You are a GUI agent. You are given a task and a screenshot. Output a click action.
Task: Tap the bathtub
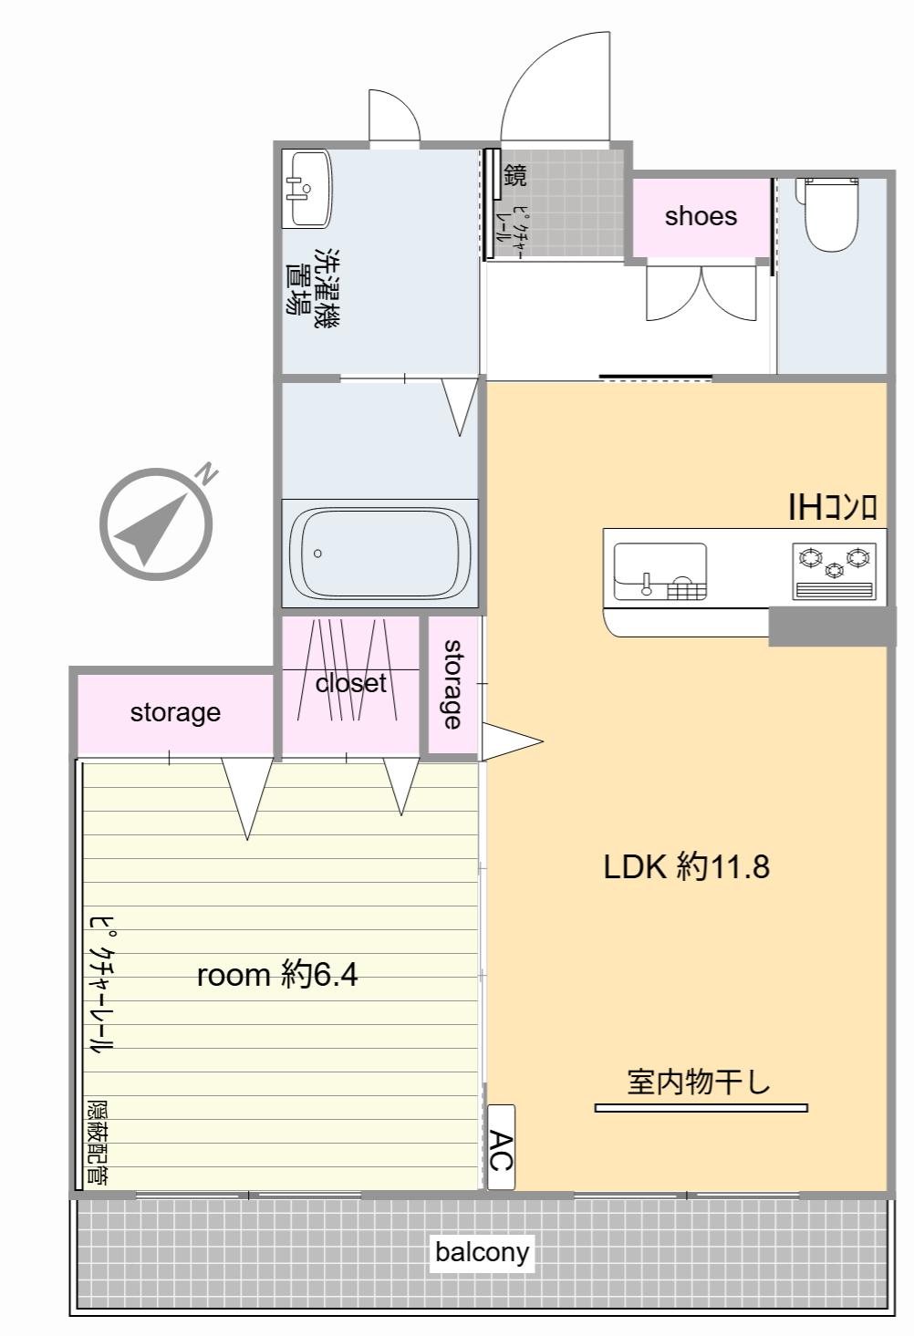(x=379, y=552)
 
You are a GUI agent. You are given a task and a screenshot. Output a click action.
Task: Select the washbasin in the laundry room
(x=306, y=189)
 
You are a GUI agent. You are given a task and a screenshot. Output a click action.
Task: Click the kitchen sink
(x=660, y=572)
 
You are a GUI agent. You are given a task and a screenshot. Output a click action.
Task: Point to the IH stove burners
(x=835, y=571)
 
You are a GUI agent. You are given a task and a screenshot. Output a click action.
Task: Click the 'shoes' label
(x=701, y=216)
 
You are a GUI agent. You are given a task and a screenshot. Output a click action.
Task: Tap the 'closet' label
(x=351, y=684)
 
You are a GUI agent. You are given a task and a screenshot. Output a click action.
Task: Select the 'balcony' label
(x=482, y=1251)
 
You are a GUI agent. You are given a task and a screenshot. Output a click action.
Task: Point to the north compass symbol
(x=156, y=523)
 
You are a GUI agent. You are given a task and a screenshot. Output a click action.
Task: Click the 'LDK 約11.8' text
(x=687, y=867)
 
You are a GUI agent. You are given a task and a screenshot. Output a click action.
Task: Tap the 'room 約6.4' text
(x=277, y=976)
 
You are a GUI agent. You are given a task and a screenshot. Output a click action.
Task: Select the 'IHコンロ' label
(x=833, y=508)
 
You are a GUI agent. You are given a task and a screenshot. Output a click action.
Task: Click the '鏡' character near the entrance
(x=514, y=175)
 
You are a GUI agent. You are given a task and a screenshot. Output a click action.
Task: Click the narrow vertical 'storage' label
(x=453, y=684)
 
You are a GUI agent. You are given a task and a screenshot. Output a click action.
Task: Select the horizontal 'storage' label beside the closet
(x=175, y=713)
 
